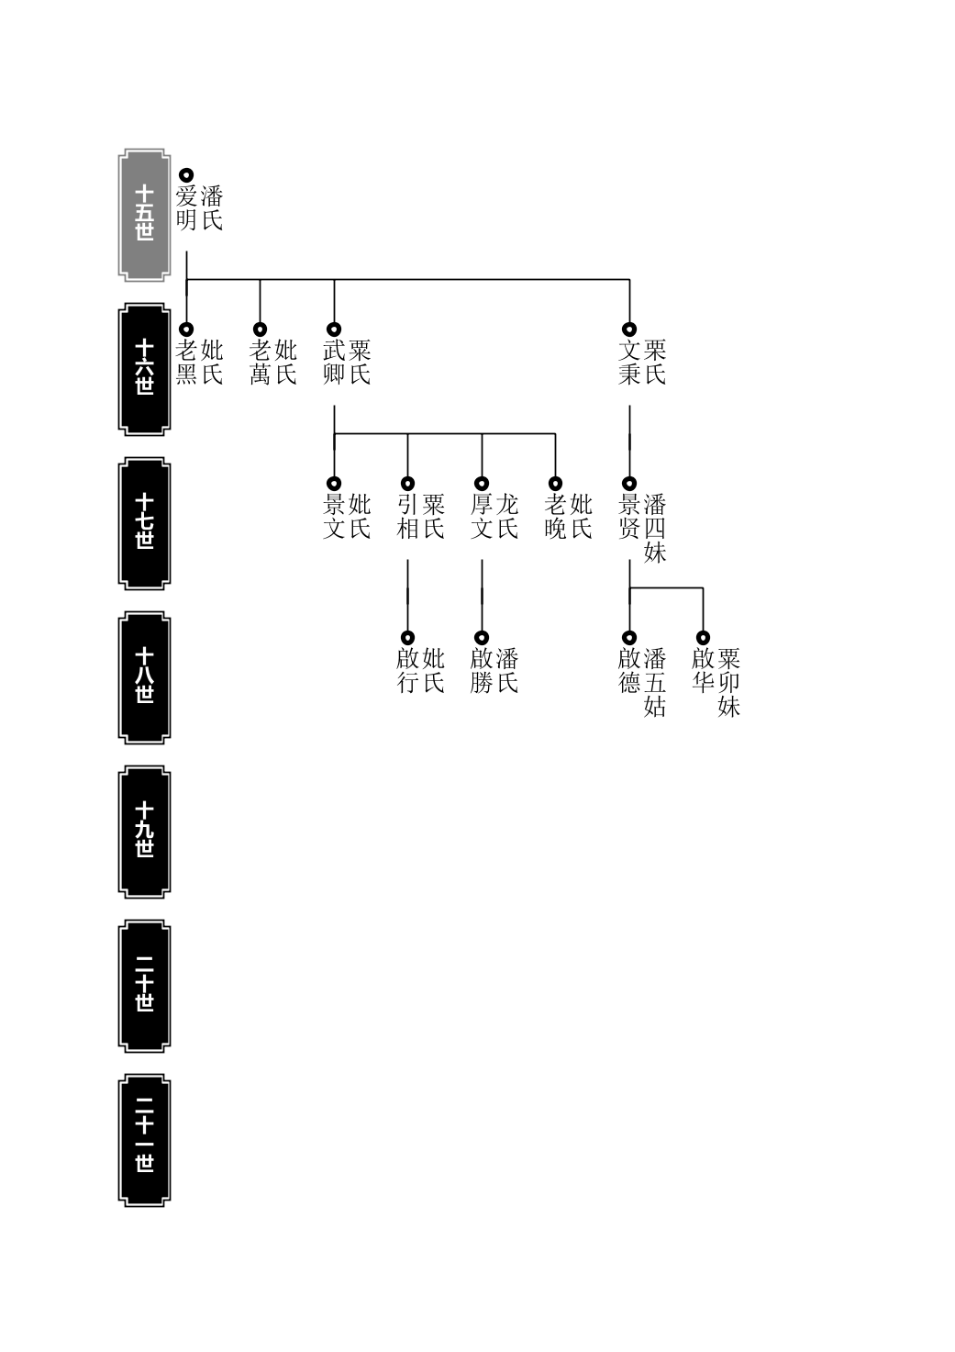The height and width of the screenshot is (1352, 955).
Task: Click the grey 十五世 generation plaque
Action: (x=144, y=215)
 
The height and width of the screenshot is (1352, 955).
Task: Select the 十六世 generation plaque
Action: (x=144, y=369)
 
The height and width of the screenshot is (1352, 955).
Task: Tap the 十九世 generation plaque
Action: (x=144, y=832)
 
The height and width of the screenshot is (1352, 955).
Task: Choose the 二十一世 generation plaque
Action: (x=144, y=1140)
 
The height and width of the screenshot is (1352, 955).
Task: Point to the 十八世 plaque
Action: (x=144, y=677)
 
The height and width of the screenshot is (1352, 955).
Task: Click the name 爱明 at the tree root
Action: (x=186, y=208)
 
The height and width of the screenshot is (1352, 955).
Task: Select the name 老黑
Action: (x=186, y=363)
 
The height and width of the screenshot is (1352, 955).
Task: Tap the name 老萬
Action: (x=260, y=363)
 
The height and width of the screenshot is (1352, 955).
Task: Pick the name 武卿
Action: (x=334, y=363)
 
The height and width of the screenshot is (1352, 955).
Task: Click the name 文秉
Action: (x=629, y=363)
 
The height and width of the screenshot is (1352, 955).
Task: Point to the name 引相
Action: (x=408, y=517)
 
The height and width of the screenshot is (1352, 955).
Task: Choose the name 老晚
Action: (x=555, y=517)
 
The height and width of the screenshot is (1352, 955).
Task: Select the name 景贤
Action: (x=629, y=517)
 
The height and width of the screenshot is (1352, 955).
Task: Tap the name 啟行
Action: (x=408, y=671)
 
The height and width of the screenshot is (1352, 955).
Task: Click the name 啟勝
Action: (x=482, y=671)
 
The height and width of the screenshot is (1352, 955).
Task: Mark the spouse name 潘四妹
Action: (x=655, y=529)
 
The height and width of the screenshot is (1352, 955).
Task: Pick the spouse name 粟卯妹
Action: (x=728, y=683)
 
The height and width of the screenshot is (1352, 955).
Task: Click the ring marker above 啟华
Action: (x=703, y=637)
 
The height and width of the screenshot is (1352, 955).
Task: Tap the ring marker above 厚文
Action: (x=482, y=484)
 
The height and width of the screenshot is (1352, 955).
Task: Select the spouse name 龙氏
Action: (x=506, y=517)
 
